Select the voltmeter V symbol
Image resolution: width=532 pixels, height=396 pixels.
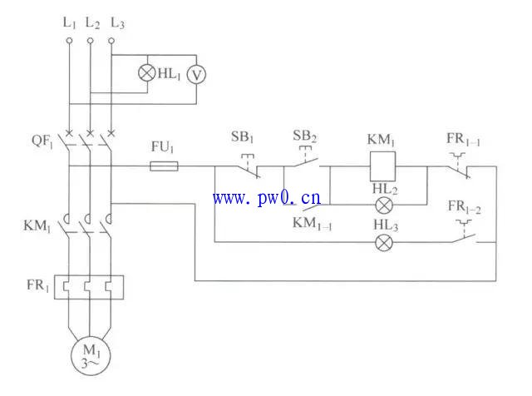click(x=195, y=74)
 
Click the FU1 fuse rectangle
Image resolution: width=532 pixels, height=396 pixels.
click(x=163, y=166)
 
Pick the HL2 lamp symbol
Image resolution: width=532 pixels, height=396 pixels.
click(x=384, y=204)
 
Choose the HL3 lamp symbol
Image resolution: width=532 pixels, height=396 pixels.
click(x=383, y=242)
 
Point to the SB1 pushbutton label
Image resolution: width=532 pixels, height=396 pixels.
click(x=242, y=136)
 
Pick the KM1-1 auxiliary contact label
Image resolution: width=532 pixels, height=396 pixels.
click(x=311, y=223)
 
